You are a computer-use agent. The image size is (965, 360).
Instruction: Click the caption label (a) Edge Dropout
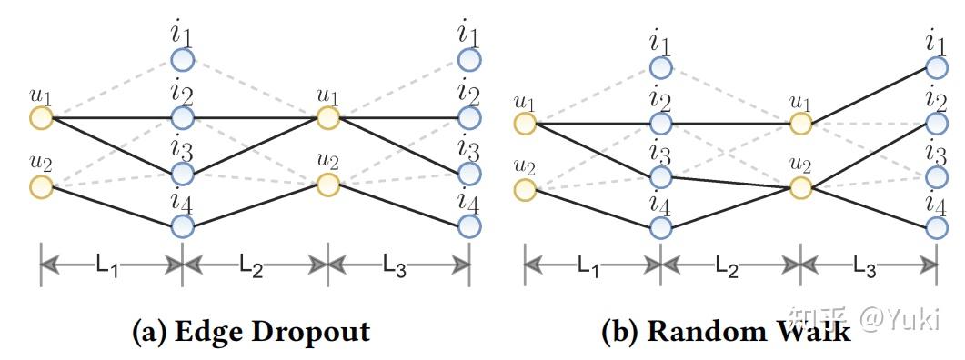(251, 332)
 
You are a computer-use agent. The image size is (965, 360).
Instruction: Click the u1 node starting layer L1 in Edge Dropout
(40, 117)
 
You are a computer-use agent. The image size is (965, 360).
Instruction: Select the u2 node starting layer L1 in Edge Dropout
(40, 186)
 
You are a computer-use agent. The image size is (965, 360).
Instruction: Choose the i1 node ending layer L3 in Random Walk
(937, 67)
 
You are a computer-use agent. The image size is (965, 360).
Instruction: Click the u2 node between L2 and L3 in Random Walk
(800, 188)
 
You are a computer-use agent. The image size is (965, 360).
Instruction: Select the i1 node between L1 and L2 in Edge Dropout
(182, 61)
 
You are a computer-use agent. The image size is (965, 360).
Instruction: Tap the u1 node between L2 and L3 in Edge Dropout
(327, 117)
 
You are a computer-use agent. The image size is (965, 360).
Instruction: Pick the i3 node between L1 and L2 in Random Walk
(661, 175)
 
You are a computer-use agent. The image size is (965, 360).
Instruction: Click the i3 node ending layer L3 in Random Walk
(937, 175)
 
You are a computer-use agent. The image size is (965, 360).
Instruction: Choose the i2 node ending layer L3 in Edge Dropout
(469, 117)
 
